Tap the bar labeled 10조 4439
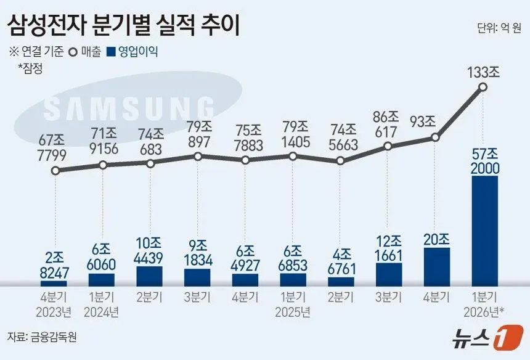tap(150, 276)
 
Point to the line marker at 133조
tap(483, 88)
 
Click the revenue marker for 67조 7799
tap(55, 171)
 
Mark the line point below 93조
tap(435, 137)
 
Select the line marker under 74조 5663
tap(340, 162)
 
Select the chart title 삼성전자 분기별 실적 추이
tap(123, 26)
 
